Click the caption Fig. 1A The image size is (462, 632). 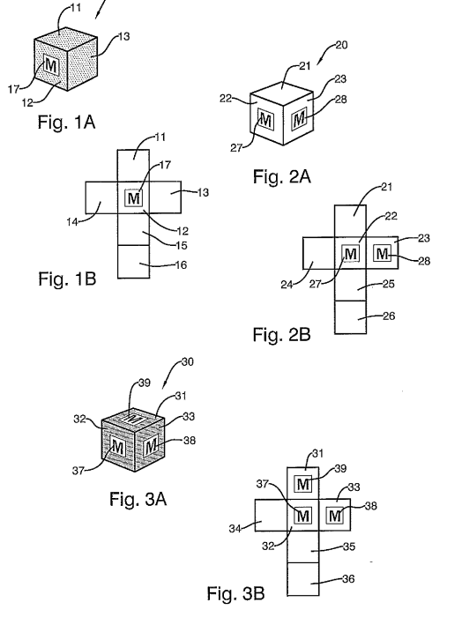point(66,122)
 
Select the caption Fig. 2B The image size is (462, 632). point(281,335)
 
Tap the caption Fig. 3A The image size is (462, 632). point(138,499)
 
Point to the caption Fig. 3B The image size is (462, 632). point(235,593)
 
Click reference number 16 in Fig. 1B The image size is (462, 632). point(181,264)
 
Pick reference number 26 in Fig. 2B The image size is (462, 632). point(389,316)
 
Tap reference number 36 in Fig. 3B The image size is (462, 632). point(348,579)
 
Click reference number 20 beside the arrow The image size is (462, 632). point(341,45)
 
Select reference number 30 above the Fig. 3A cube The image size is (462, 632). point(188,362)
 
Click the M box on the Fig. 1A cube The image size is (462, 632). point(51,65)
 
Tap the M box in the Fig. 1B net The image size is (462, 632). point(133,198)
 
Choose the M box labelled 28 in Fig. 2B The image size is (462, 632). point(382,254)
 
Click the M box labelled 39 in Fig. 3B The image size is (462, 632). point(302,483)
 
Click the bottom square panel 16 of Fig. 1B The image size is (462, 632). point(133,261)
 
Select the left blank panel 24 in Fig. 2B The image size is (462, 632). point(318,253)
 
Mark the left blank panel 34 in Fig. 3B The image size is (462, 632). point(271,515)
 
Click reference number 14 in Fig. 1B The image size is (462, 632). point(72,221)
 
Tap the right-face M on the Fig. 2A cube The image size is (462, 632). point(299,119)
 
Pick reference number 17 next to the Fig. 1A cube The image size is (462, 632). point(14,89)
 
